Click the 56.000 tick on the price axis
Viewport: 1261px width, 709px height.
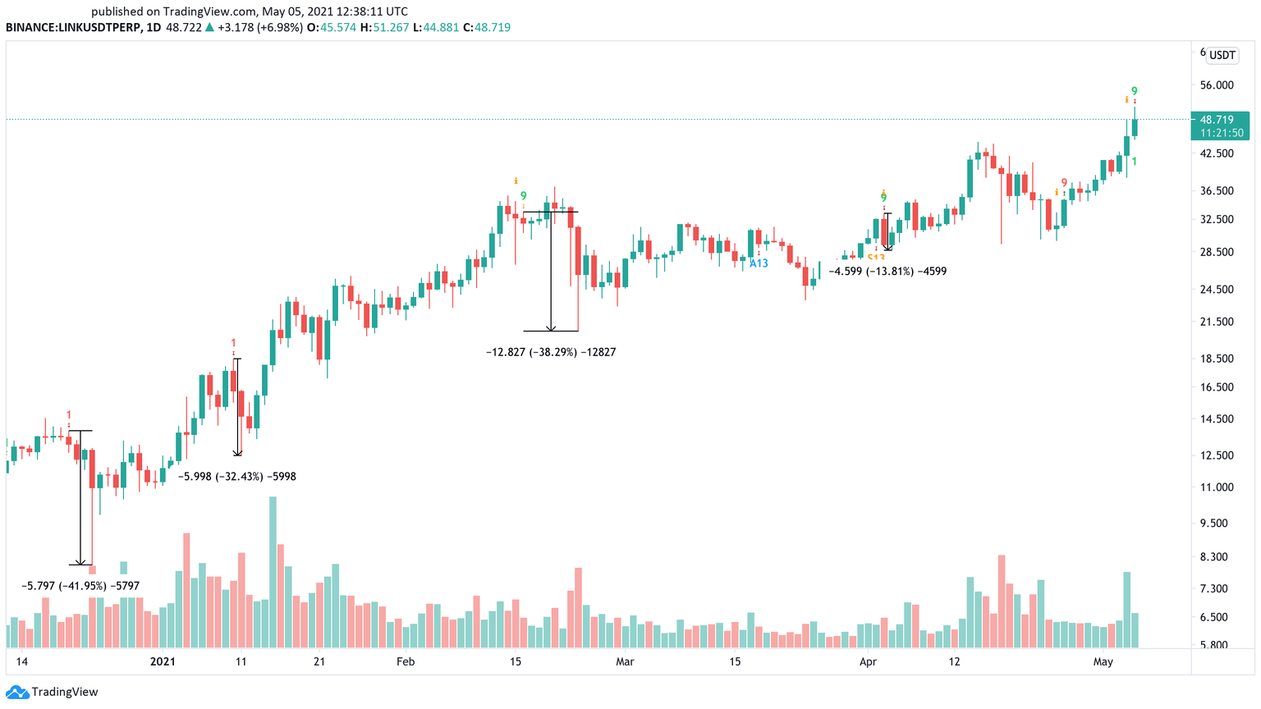click(1217, 85)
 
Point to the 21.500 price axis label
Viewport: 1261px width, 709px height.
click(1217, 322)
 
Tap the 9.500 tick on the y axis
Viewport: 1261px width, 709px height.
click(1217, 524)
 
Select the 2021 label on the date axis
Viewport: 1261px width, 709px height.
click(163, 661)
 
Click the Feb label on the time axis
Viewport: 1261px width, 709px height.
click(405, 661)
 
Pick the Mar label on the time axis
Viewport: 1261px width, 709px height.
click(625, 661)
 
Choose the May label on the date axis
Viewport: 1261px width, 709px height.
click(1103, 661)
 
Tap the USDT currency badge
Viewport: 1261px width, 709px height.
click(1222, 56)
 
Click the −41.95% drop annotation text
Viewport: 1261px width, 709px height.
click(80, 586)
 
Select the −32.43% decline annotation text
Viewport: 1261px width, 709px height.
click(237, 477)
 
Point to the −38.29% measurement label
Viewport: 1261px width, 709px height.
click(551, 352)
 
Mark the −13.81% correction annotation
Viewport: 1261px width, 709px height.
click(887, 271)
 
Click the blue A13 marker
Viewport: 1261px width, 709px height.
click(759, 263)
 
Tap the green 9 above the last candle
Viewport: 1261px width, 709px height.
click(1134, 90)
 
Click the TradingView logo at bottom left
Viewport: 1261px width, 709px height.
click(53, 692)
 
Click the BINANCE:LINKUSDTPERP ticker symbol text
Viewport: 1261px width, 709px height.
click(71, 27)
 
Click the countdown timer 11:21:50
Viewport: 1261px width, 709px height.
click(1222, 133)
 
